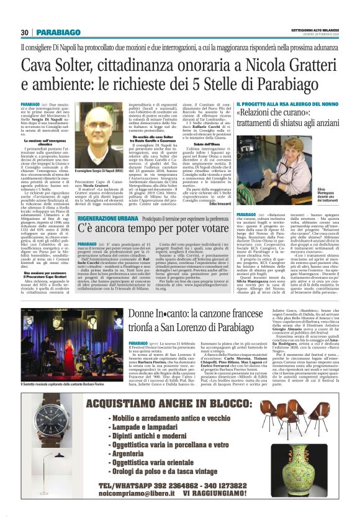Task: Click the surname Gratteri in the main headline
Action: [x=308, y=65]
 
